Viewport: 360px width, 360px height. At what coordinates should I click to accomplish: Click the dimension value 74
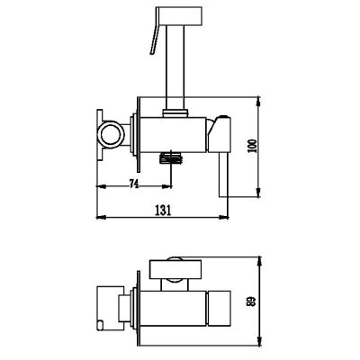pyautogui.click(x=134, y=184)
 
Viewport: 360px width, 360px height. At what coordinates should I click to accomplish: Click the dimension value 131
pyautogui.click(x=163, y=211)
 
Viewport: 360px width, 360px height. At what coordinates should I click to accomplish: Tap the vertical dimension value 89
pyautogui.click(x=252, y=301)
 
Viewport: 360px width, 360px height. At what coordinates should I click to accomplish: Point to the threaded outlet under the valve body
pyautogui.click(x=171, y=158)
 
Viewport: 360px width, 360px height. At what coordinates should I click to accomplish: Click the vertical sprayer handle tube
pyautogui.click(x=175, y=67)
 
